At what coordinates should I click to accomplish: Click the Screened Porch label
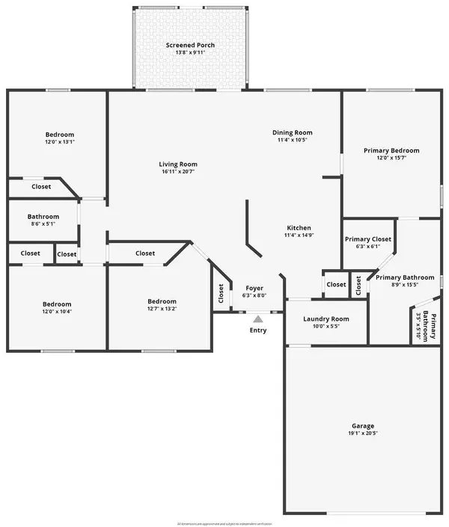(190, 46)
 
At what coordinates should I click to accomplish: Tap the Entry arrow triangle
(257, 318)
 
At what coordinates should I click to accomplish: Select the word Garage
(361, 425)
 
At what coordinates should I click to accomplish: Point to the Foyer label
(254, 288)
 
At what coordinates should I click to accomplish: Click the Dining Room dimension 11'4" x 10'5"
(292, 140)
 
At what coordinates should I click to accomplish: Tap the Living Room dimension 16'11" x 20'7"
(178, 172)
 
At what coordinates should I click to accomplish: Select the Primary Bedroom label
(391, 150)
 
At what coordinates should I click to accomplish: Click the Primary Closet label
(368, 239)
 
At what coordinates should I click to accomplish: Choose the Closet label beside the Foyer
(221, 295)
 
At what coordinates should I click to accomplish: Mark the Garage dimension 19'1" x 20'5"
(361, 434)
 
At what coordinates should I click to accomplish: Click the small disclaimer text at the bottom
(224, 523)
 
